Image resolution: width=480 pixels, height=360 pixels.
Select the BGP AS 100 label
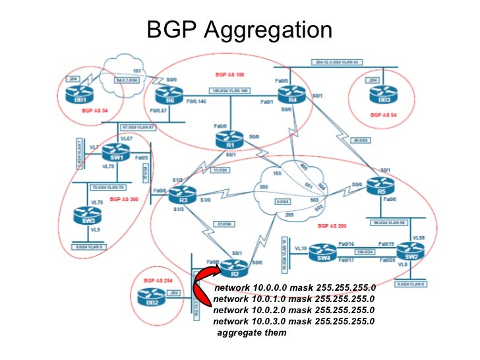[229, 76]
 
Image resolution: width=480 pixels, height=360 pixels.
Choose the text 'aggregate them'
[252, 333]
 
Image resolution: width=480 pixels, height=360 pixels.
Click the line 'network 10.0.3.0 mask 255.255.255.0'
[294, 321]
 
